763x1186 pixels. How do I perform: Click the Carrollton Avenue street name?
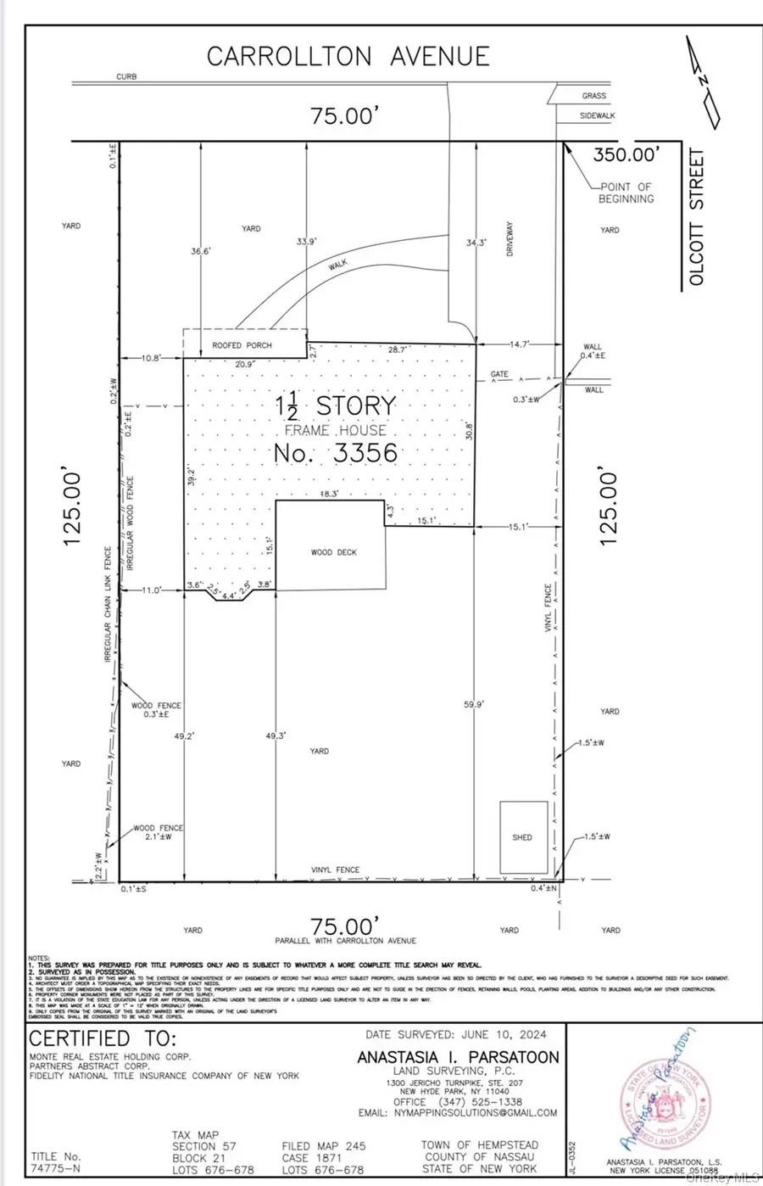pyautogui.click(x=348, y=57)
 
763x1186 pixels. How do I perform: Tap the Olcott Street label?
pyautogui.click(x=697, y=217)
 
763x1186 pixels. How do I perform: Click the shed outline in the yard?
pyautogui.click(x=523, y=836)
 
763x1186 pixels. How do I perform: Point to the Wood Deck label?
pyautogui.click(x=334, y=552)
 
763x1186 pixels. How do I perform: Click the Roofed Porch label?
pyautogui.click(x=242, y=345)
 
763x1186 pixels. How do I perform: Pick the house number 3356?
pyautogui.click(x=336, y=452)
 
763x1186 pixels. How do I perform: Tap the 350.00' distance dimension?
pyautogui.click(x=626, y=154)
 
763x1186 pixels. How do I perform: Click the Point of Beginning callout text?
pyautogui.click(x=627, y=193)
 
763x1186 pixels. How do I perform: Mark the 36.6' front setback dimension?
pyautogui.click(x=201, y=251)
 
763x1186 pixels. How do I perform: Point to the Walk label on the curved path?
pyautogui.click(x=337, y=265)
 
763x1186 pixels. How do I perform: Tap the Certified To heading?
pyautogui.click(x=103, y=1039)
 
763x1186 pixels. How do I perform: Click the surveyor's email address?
pyautogui.click(x=458, y=1113)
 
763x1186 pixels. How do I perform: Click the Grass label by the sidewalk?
pyautogui.click(x=593, y=96)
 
